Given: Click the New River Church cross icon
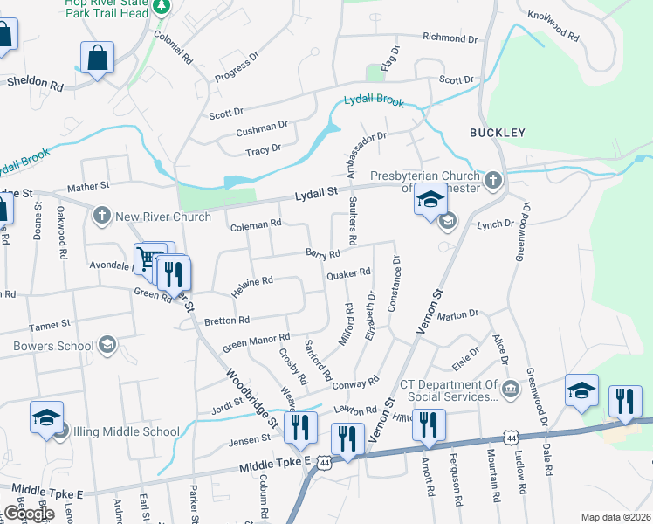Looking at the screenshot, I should coord(102,216).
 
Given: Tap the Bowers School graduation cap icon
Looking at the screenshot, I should coord(107,345).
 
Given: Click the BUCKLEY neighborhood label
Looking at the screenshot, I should coord(497,133).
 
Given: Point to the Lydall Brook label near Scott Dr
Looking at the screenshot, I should coord(374,100).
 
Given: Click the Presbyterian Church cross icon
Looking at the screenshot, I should coord(493,181).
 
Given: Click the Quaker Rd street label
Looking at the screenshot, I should coord(348,274).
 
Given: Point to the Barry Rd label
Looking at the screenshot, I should coord(322,253).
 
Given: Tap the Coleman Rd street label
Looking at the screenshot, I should coord(255,224).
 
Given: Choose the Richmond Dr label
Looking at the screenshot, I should coord(450,38).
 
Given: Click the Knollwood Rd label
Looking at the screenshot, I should coord(553,26).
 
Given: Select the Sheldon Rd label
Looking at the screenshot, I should coord(35,86).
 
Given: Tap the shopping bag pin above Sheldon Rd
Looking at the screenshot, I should coord(97,59).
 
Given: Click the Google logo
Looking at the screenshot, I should coord(29,514).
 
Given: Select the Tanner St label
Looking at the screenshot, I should coord(49,325).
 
